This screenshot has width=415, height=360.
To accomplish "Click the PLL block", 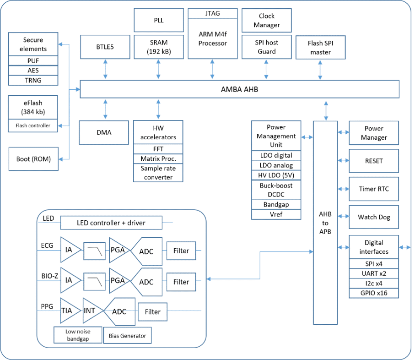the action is (x=159, y=20).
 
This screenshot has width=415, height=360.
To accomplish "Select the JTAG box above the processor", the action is (x=212, y=13).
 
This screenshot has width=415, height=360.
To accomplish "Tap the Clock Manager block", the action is (x=266, y=21).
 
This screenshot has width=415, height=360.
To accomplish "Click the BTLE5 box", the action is (x=105, y=47).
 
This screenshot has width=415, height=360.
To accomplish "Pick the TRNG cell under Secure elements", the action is (x=33, y=80).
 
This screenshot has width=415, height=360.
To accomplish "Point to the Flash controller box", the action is (x=33, y=125).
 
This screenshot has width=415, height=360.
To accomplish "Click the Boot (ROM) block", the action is (x=33, y=159).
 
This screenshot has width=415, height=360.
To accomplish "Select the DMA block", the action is (x=104, y=132).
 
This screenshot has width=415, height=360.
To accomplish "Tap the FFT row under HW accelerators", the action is (x=158, y=149).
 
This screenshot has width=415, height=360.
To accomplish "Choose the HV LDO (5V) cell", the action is (x=276, y=175).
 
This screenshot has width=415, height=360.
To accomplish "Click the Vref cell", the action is (x=276, y=214).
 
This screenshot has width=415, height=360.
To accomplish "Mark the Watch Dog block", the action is (x=374, y=217).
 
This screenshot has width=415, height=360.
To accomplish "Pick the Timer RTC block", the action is (x=374, y=189).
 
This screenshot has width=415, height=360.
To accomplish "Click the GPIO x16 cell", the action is (x=374, y=293).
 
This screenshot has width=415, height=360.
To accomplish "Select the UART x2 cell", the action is (x=374, y=273).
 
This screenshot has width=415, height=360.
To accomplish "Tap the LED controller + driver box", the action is (x=111, y=223).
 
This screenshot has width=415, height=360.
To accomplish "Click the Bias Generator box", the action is (x=127, y=335).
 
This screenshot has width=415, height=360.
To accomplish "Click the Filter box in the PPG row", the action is (x=152, y=312).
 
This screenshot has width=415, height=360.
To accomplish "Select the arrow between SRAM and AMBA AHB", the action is (x=158, y=69).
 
